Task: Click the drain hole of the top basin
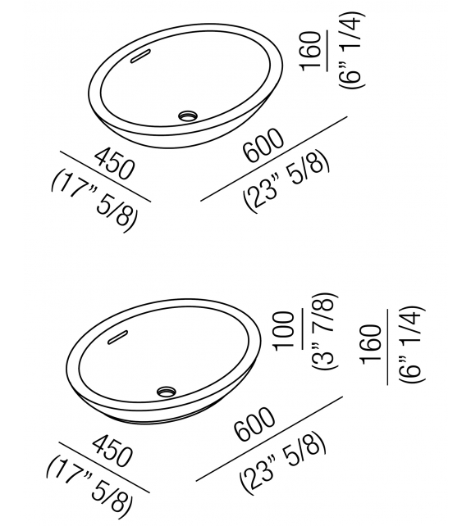[189, 116]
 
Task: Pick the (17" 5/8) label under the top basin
[93, 200]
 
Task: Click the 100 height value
[286, 329]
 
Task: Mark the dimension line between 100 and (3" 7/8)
[303, 329]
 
